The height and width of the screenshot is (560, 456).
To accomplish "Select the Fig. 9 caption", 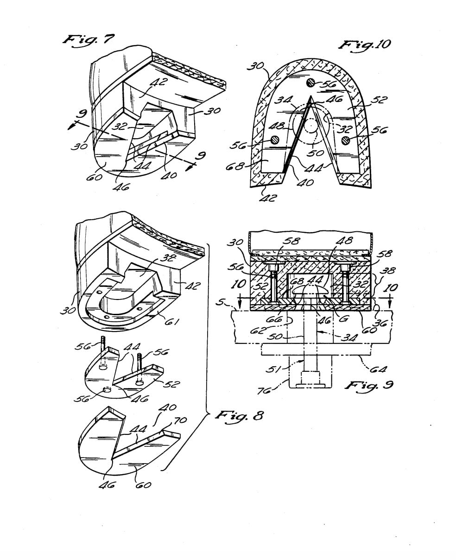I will pyautogui.click(x=368, y=385).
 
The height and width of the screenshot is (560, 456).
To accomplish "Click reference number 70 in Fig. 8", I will pyautogui.click(x=180, y=420).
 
